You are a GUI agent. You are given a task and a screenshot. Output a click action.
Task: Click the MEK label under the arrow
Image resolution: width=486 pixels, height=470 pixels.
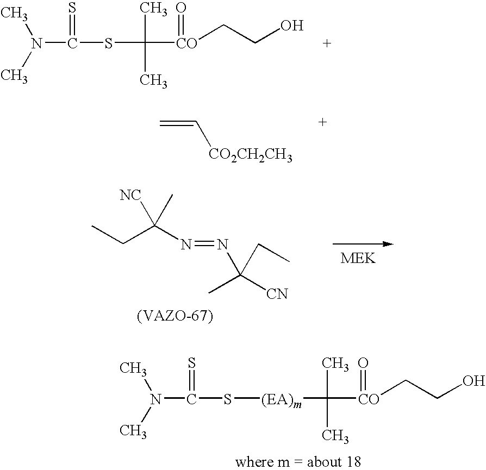[358, 258]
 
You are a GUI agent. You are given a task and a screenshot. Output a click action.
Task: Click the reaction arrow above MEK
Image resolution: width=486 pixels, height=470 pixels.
[363, 244]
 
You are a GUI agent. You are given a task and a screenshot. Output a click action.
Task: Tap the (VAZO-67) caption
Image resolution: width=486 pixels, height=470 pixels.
[175, 316]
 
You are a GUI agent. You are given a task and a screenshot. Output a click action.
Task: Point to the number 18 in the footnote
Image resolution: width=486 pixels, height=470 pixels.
[353, 462]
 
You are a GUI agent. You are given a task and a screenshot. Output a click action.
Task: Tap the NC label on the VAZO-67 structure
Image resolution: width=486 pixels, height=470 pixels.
[130, 196]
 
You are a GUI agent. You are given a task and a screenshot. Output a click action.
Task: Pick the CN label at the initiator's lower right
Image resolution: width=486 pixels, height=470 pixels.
[277, 294]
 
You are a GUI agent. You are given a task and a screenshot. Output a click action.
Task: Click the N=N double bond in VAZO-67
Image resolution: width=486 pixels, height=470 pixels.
[205, 245]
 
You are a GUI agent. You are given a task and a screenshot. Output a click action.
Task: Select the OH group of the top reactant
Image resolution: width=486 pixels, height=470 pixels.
[292, 26]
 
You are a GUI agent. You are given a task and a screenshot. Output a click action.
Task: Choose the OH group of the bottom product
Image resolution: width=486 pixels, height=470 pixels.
[474, 381]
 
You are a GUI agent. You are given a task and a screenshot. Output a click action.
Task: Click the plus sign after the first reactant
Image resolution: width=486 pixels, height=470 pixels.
[327, 43]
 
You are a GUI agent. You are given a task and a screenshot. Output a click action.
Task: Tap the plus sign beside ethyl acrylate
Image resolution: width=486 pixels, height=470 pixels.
[323, 122]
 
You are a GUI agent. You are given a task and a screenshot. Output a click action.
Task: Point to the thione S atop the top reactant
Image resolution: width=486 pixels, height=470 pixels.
[72, 8]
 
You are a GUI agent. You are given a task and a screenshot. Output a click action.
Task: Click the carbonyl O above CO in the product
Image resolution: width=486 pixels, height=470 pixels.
[363, 363]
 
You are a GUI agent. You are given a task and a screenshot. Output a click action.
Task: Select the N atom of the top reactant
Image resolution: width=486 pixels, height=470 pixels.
[37, 43]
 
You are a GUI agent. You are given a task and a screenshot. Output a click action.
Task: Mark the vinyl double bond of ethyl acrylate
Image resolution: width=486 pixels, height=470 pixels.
[178, 124]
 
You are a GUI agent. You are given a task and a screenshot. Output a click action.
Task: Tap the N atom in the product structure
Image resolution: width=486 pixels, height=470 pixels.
[156, 400]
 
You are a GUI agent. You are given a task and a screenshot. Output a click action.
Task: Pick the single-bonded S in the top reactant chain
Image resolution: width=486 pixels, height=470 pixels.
[108, 43]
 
